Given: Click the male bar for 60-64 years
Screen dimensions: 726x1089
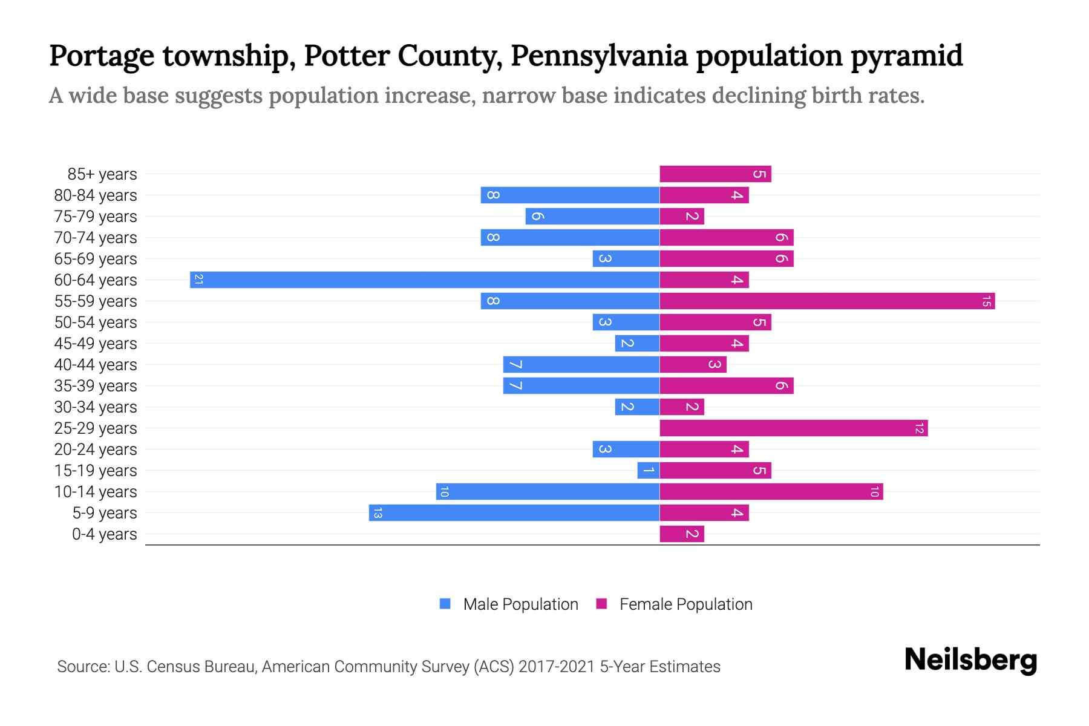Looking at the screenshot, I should pyautogui.click(x=425, y=280).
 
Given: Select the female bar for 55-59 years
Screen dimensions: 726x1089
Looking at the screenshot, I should pyautogui.click(x=827, y=301).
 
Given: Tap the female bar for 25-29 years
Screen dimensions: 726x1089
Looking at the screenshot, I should pyautogui.click(x=793, y=428).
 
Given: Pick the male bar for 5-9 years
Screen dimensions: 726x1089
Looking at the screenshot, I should pyautogui.click(x=514, y=512).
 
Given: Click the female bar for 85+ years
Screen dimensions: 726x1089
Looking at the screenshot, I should pyautogui.click(x=715, y=174).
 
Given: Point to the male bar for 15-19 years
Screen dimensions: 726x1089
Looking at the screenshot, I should pyautogui.click(x=648, y=470).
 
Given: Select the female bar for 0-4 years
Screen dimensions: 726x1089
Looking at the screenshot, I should pyautogui.click(x=682, y=534).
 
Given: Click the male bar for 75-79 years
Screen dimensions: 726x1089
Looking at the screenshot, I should pyautogui.click(x=592, y=216).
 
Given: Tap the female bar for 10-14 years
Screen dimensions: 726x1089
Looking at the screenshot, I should pyautogui.click(x=771, y=491).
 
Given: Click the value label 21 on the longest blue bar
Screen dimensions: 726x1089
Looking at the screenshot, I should pyautogui.click(x=198, y=280).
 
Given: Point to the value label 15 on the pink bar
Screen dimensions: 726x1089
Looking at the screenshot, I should pyautogui.click(x=986, y=301).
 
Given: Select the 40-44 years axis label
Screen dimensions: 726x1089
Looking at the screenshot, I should pyautogui.click(x=96, y=364).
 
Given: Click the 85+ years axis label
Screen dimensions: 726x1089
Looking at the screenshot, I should pyautogui.click(x=102, y=174).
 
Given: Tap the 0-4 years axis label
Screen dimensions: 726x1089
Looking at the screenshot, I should pyautogui.click(x=104, y=534).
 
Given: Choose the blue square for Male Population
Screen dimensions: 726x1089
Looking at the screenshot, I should pyautogui.click(x=445, y=604).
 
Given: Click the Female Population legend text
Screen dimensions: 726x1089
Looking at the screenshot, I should pyautogui.click(x=685, y=604).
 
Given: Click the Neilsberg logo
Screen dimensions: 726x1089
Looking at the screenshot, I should pyautogui.click(x=970, y=659).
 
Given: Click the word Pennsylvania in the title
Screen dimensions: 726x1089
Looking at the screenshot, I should pyautogui.click(x=599, y=56).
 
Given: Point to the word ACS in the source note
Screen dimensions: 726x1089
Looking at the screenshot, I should pyautogui.click(x=493, y=666).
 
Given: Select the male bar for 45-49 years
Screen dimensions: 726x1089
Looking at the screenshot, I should pyautogui.click(x=637, y=343).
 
